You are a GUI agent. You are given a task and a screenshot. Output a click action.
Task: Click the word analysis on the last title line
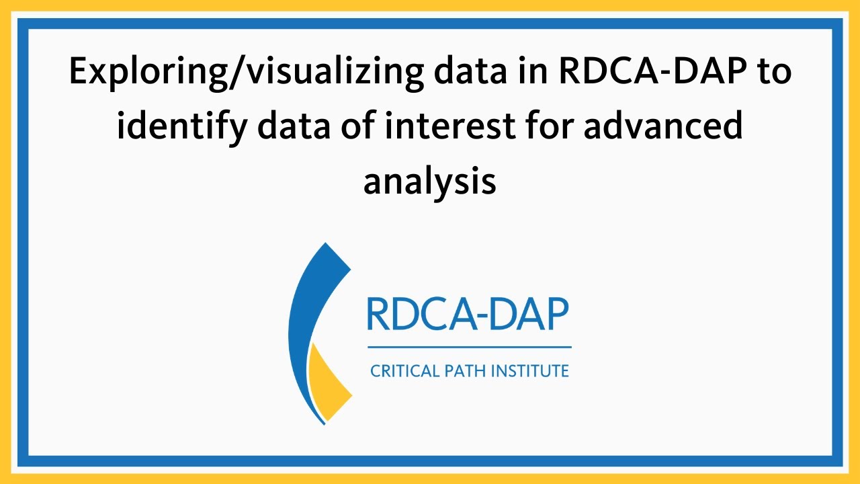click(x=430, y=182)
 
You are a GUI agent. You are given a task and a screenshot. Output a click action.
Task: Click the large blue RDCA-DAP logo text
click(x=468, y=314)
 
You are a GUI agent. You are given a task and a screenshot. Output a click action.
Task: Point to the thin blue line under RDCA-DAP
click(x=469, y=348)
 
